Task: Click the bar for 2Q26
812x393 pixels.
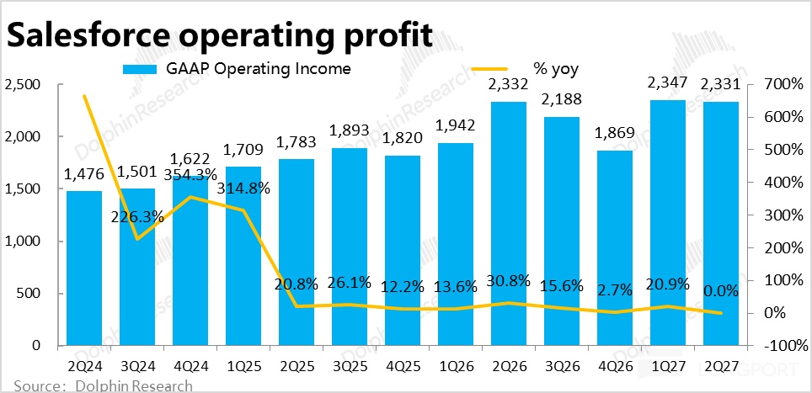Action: pyautogui.click(x=509, y=223)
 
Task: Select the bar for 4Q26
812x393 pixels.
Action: pyautogui.click(x=615, y=247)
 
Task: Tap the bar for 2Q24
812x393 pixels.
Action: pyautogui.click(x=84, y=268)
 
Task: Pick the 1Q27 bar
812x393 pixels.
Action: pyautogui.click(x=667, y=223)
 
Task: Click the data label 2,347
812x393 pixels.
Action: pyautogui.click(x=667, y=82)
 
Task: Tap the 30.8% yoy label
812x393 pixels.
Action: pyautogui.click(x=509, y=281)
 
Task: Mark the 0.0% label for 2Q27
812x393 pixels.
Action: pyautogui.click(x=721, y=291)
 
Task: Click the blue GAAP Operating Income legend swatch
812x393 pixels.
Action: pyautogui.click(x=139, y=69)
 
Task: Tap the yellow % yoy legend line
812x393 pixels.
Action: pyautogui.click(x=490, y=69)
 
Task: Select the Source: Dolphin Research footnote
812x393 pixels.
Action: pyautogui.click(x=103, y=385)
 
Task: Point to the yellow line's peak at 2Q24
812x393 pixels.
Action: pyautogui.click(x=84, y=96)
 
